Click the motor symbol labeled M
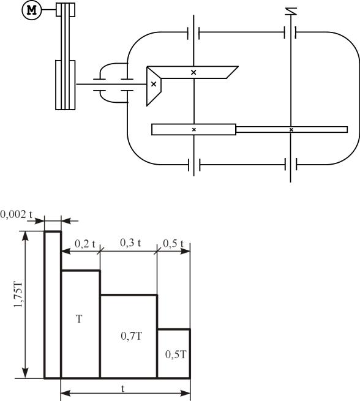tap(32, 10)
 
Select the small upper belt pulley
tap(66, 10)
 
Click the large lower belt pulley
tap(66, 85)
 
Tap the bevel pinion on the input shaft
tap(154, 86)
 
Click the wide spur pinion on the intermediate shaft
tap(194, 129)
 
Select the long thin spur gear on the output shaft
tap(291, 129)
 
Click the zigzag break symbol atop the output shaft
tap(291, 11)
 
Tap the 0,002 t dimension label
tap(17, 214)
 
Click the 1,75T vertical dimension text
tap(18, 295)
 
